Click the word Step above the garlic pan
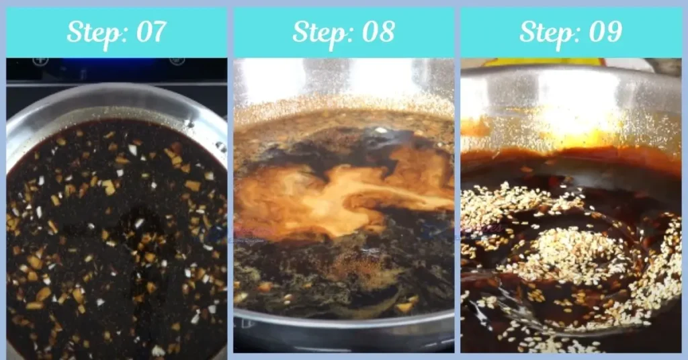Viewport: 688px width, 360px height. click(92, 32)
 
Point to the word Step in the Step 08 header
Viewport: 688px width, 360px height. click(318, 32)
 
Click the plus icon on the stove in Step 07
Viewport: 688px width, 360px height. click(40, 61)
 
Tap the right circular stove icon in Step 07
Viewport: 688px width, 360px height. click(177, 61)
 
